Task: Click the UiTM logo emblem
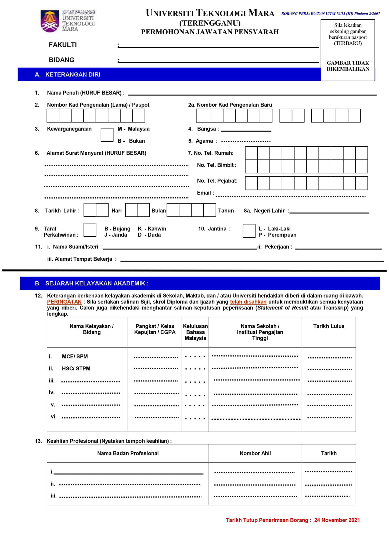(50, 21)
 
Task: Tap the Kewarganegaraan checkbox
(107, 135)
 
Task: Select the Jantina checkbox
(249, 231)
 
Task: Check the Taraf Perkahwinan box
(90, 230)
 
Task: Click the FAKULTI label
(63, 45)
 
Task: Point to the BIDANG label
(62, 60)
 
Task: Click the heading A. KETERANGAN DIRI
(67, 75)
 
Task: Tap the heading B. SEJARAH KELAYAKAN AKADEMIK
(92, 283)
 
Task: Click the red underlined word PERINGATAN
(64, 302)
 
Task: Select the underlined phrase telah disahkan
(248, 302)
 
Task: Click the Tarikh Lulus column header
(329, 326)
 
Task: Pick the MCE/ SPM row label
(75, 356)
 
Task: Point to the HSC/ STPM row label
(76, 368)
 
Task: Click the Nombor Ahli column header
(255, 453)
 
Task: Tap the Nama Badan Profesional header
(128, 453)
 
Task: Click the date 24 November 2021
(337, 520)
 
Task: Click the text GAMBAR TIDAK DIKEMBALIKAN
(348, 66)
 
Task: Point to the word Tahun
(226, 211)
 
